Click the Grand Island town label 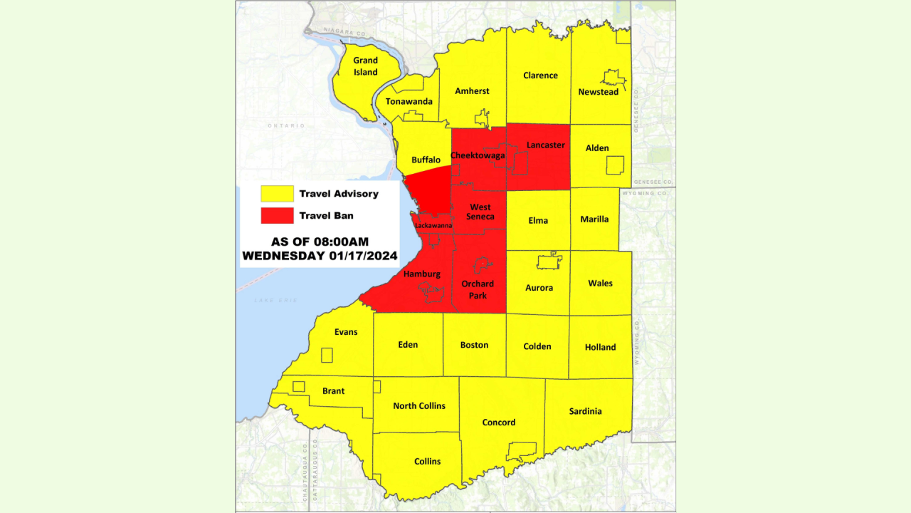pyautogui.click(x=366, y=66)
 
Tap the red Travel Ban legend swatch pyautogui.click(x=277, y=215)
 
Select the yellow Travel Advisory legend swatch pyautogui.click(x=277, y=194)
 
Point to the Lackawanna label pyautogui.click(x=433, y=225)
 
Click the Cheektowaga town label pyautogui.click(x=478, y=155)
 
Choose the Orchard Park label pyautogui.click(x=478, y=289)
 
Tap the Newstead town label pyautogui.click(x=598, y=92)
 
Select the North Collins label pyautogui.click(x=419, y=405)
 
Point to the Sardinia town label pyautogui.click(x=585, y=411)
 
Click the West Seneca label pyautogui.click(x=480, y=212)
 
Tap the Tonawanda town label pyautogui.click(x=409, y=101)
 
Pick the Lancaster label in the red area pyautogui.click(x=545, y=145)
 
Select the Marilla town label pyautogui.click(x=594, y=219)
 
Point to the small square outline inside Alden pyautogui.click(x=614, y=165)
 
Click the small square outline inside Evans pyautogui.click(x=327, y=355)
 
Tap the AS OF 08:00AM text pyautogui.click(x=320, y=242)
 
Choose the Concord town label pyautogui.click(x=498, y=423)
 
